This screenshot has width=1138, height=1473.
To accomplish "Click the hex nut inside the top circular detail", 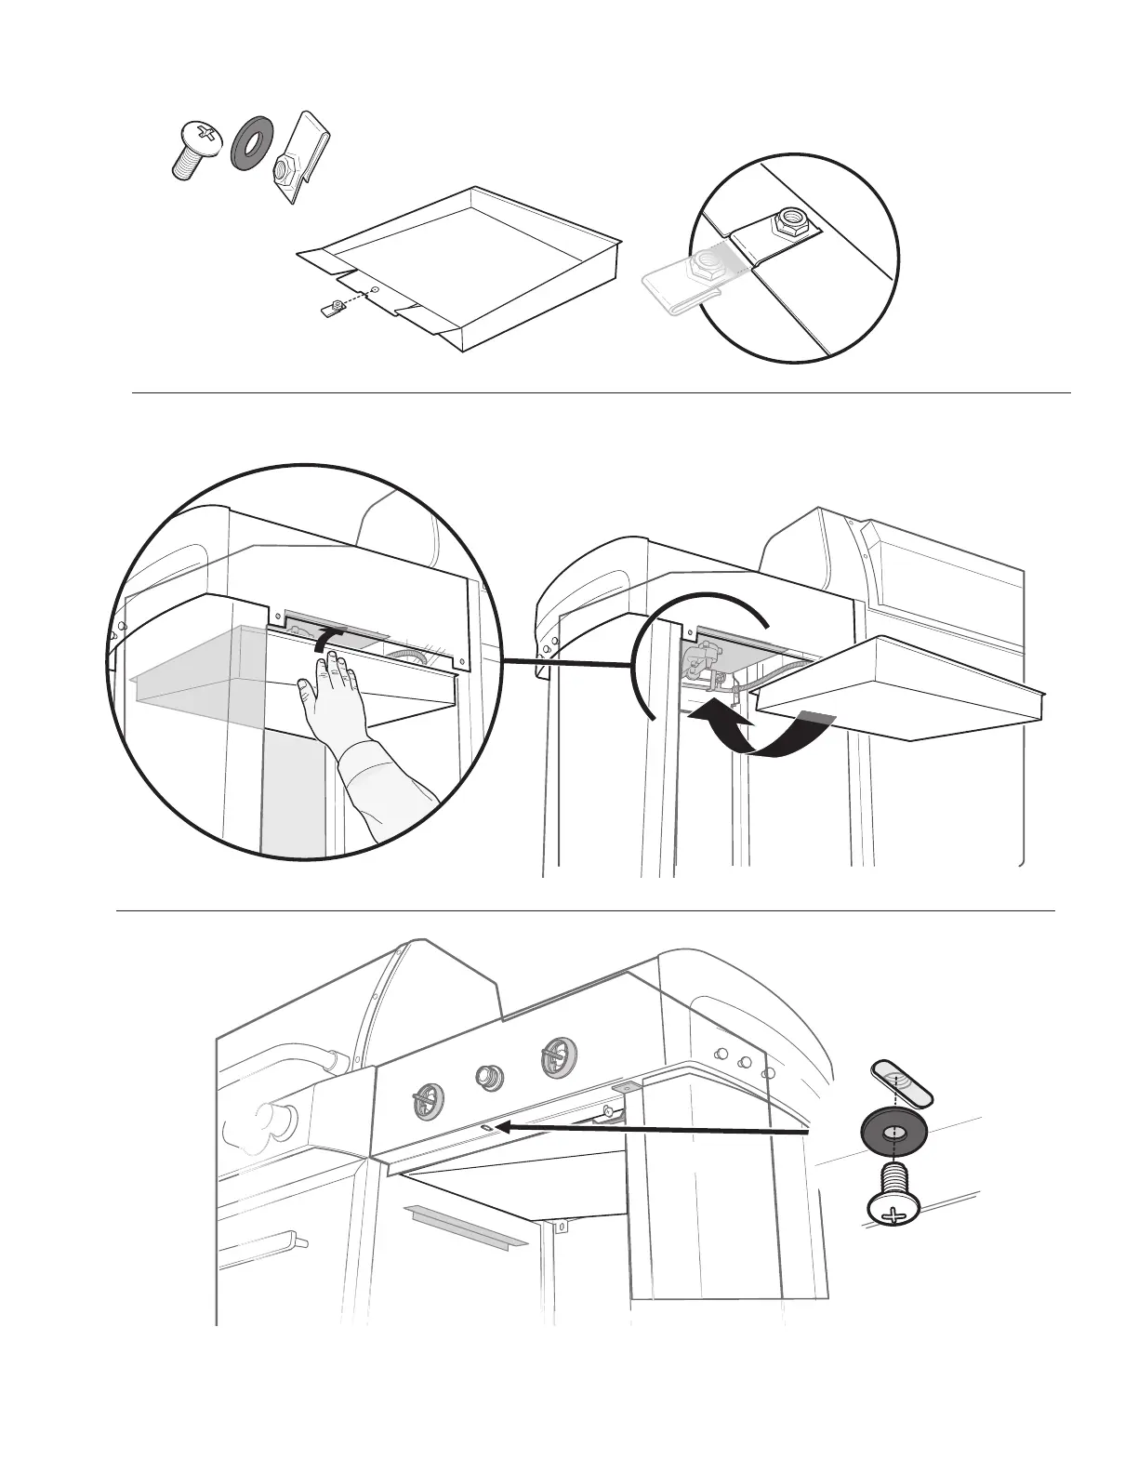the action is click(x=792, y=222).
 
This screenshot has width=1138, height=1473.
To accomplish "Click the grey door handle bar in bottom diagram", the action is click(x=462, y=1222).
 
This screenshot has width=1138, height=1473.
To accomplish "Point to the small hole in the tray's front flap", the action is click(x=374, y=290).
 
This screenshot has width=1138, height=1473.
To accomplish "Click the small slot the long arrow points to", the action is click(x=486, y=1127).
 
